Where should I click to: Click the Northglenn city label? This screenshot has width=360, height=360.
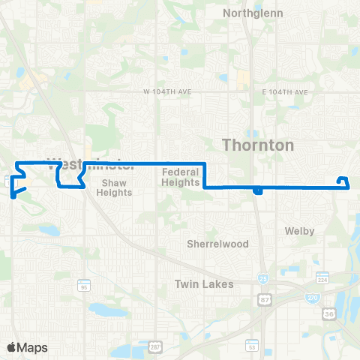(250, 13)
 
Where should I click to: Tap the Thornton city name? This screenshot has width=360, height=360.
(256, 145)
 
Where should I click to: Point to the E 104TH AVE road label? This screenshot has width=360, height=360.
(286, 91)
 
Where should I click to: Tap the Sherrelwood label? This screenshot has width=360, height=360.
(211, 244)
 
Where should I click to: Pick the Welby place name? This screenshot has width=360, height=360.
(299, 231)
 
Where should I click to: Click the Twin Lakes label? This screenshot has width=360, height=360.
(204, 284)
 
